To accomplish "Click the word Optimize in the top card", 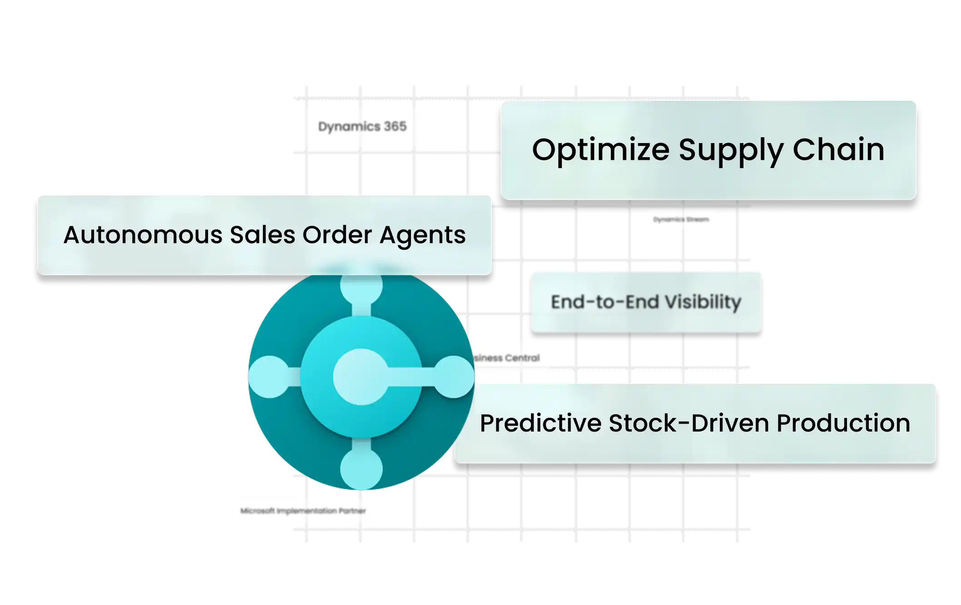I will pyautogui.click(x=600, y=150).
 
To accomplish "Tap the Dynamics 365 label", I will pyautogui.click(x=362, y=126).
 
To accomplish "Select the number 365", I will pyautogui.click(x=395, y=126).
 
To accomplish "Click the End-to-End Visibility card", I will pyautogui.click(x=646, y=302).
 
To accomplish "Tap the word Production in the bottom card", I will pyautogui.click(x=843, y=423).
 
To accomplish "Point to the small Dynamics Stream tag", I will pyautogui.click(x=681, y=220).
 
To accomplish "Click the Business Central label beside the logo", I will pyautogui.click(x=507, y=358).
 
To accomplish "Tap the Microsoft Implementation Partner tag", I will pyautogui.click(x=303, y=511).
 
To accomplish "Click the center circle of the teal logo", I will pyautogui.click(x=361, y=377).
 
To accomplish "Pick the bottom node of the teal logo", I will pyautogui.click(x=361, y=469).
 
